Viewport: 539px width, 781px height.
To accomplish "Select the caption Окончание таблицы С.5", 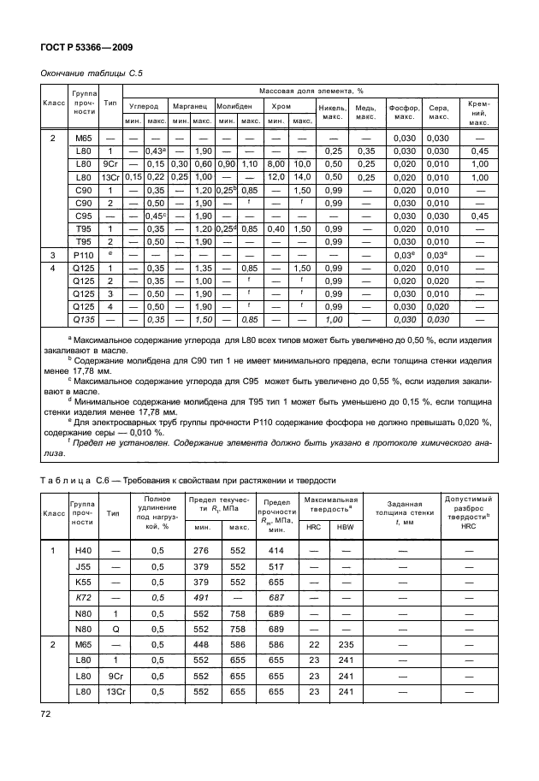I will (92, 74).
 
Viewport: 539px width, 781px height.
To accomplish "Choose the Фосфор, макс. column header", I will (403, 112).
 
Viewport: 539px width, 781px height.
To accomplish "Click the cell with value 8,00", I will (277, 163).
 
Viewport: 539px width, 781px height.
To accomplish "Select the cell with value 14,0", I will (303, 176).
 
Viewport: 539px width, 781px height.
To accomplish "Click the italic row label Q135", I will (83, 319).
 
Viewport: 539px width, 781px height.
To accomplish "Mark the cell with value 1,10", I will (250, 163).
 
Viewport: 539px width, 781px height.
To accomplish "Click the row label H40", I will (83, 552).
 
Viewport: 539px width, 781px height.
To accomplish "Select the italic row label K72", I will (83, 598).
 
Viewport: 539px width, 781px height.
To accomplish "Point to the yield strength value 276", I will (201, 552).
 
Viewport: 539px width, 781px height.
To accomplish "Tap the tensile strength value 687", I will (276, 598).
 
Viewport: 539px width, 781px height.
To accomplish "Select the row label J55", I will (83, 567).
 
